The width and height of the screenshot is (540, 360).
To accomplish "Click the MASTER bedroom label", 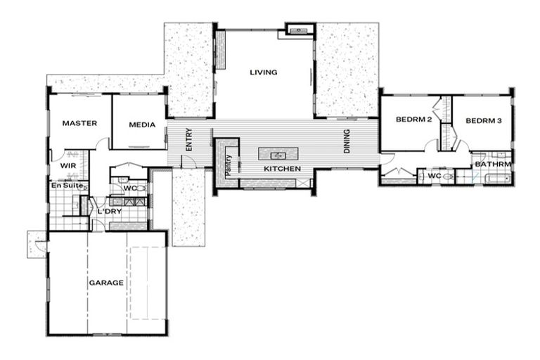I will tap(79, 123).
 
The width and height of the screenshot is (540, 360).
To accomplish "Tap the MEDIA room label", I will tap(141, 125).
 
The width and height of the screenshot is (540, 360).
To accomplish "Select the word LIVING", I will tap(264, 72).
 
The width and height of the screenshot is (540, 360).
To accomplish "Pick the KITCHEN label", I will tap(282, 169).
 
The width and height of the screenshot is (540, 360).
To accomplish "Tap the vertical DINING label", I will tap(346, 142).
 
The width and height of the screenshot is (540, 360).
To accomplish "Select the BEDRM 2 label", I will tap(413, 120).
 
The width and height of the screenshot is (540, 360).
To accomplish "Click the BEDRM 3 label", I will tap(483, 121).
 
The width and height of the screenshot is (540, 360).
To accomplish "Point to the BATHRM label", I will tap(493, 165).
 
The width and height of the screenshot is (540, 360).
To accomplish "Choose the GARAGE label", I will tap(106, 283).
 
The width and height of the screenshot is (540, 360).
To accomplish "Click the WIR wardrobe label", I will tap(67, 165).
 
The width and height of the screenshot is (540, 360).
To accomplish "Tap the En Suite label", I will tap(67, 186).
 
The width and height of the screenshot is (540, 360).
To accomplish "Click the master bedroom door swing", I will tap(103, 144).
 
